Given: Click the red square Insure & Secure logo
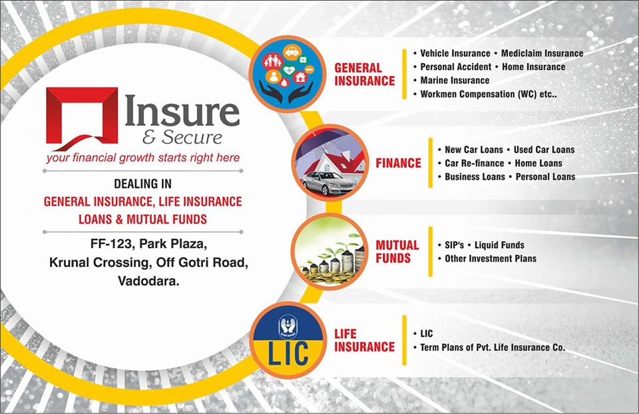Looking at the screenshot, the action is (x=82, y=118).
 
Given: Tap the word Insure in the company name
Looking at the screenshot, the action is (x=182, y=111).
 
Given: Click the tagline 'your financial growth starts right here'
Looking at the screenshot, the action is (x=143, y=158).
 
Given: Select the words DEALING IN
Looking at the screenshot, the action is (x=142, y=184).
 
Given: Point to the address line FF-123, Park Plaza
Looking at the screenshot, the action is (x=148, y=244).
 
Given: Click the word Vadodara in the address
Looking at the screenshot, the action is (x=148, y=281).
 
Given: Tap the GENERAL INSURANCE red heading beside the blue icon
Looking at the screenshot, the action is (x=364, y=74).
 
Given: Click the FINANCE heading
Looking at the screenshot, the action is (x=398, y=163).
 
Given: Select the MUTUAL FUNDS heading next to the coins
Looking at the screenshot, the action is (x=397, y=252).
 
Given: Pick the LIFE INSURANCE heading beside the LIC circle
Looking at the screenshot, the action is (x=364, y=340).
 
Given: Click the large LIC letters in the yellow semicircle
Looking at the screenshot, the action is (x=288, y=353).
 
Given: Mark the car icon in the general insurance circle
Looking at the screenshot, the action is (x=292, y=52).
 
